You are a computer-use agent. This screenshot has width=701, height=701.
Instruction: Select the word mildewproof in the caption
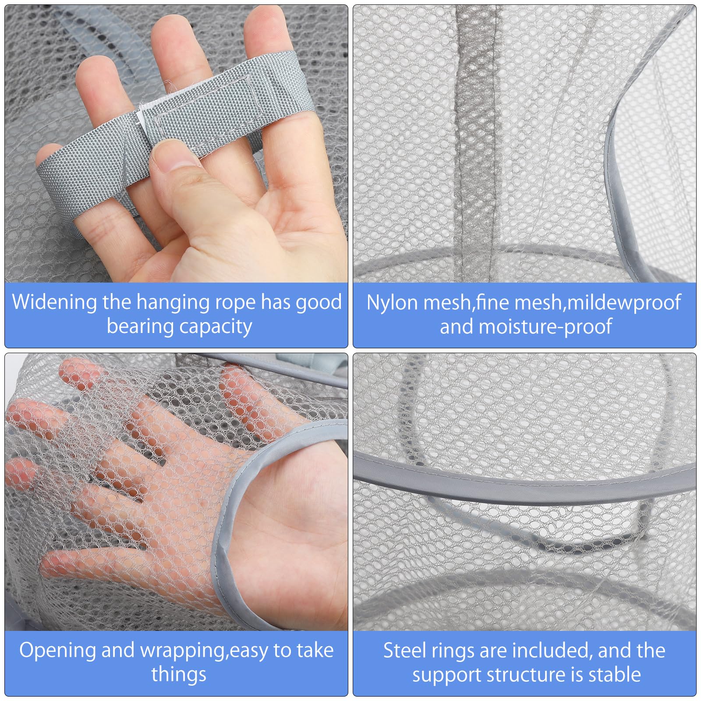coord(623,303)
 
